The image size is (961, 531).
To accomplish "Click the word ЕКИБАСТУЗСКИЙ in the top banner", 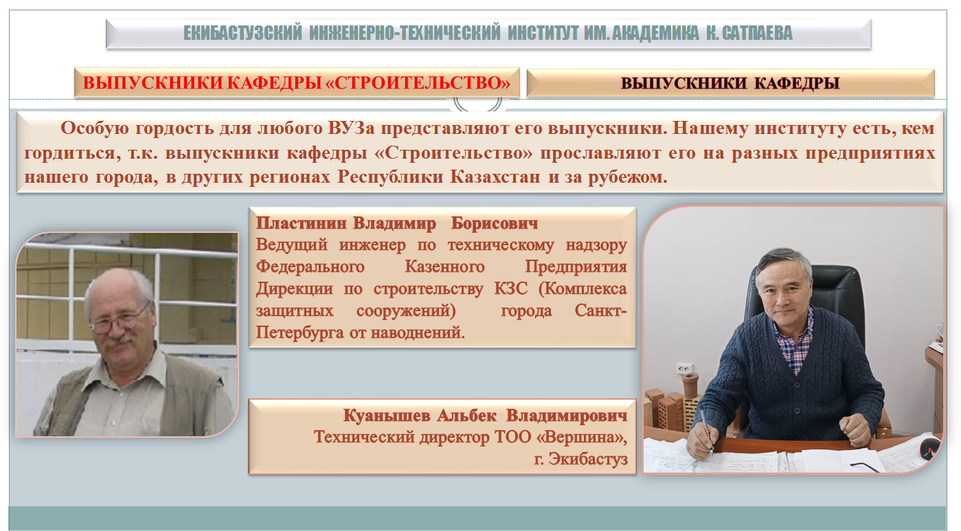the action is pyautogui.click(x=242, y=33).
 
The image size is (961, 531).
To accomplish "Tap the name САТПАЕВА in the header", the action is pyautogui.click(x=757, y=33).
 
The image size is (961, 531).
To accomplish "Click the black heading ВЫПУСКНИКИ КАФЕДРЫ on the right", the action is pyautogui.click(x=730, y=83).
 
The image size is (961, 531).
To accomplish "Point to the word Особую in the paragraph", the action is pyautogui.click(x=94, y=128).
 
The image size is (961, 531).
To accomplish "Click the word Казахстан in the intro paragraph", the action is pyautogui.click(x=495, y=177).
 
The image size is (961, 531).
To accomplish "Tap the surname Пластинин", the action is pyautogui.click(x=301, y=223).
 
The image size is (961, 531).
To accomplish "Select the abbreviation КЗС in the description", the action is pyautogui.click(x=510, y=289).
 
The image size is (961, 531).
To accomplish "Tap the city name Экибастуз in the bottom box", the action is pyautogui.click(x=588, y=459).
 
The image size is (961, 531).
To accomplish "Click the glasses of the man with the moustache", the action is pyautogui.click(x=120, y=320).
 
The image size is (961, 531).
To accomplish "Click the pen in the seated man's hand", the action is pyautogui.click(x=707, y=431).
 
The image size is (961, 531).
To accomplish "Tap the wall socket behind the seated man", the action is pyautogui.click(x=685, y=368).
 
